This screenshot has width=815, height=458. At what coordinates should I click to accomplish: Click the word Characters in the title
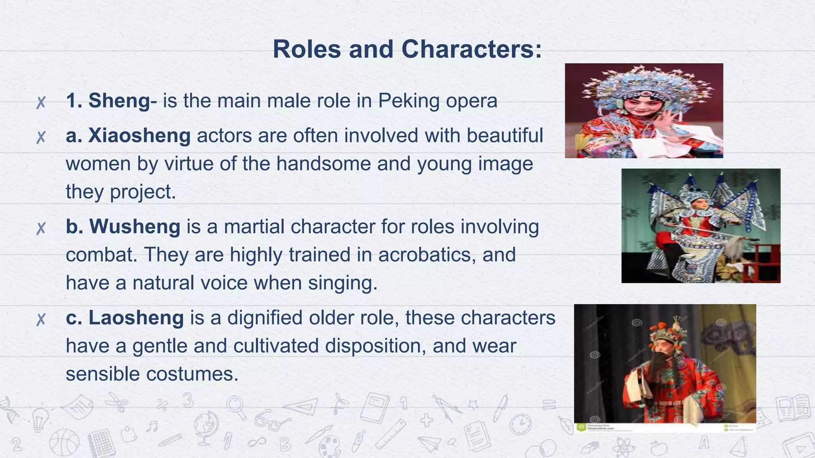click(x=472, y=49)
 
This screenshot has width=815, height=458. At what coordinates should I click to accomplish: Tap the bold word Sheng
click(x=119, y=100)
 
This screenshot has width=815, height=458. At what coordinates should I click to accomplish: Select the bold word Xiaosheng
click(x=139, y=136)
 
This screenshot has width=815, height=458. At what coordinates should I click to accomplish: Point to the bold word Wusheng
click(x=135, y=227)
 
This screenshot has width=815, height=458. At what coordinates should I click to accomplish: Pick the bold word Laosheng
click(x=136, y=318)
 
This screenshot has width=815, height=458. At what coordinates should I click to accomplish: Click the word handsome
click(x=324, y=164)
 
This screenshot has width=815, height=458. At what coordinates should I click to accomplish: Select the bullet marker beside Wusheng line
click(x=41, y=228)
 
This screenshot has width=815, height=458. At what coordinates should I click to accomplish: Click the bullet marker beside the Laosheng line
click(x=41, y=319)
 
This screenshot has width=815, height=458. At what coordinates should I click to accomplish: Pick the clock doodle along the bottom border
click(x=521, y=424)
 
